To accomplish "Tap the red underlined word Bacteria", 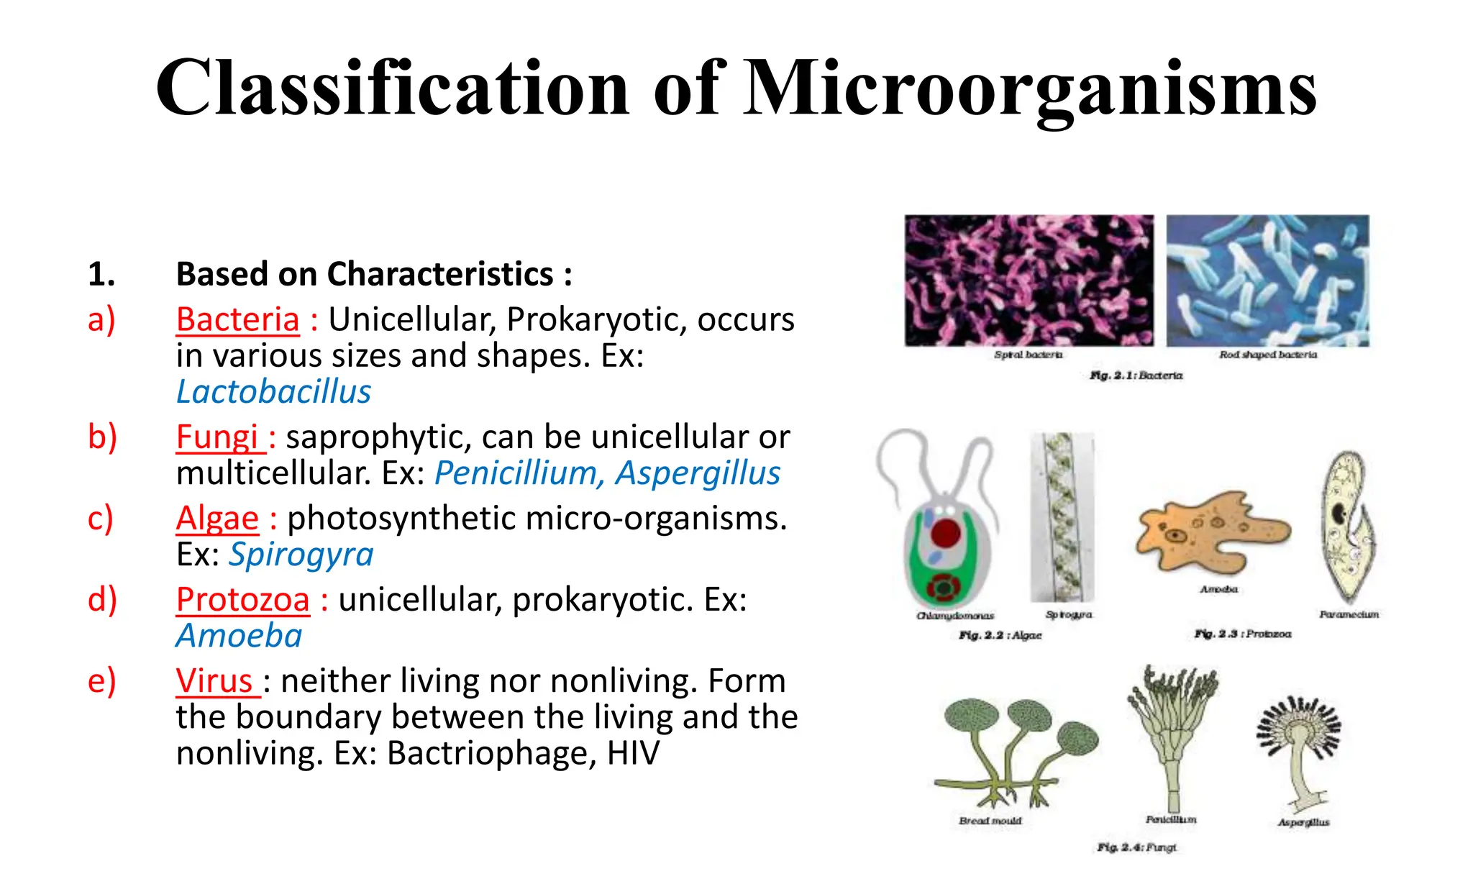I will click(237, 319).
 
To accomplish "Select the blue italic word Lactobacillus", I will click(273, 392).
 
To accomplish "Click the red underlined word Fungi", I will click(217, 437).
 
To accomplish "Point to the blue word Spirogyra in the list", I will click(301, 555).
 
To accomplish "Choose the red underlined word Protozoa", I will click(242, 599).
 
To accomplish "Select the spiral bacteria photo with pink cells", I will click(1029, 280).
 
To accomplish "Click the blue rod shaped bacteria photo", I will click(1267, 280).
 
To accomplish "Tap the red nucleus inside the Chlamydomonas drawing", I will click(945, 533).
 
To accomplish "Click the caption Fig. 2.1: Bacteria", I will click(1136, 375).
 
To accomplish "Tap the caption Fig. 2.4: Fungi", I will click(1136, 847).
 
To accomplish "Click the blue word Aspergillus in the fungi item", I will click(698, 473).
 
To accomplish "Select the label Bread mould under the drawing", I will click(990, 821).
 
